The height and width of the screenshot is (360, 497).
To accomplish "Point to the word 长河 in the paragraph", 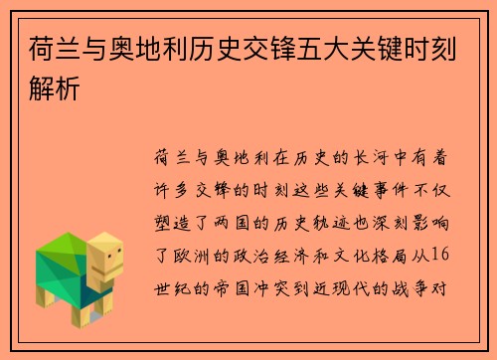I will click(350, 157).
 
